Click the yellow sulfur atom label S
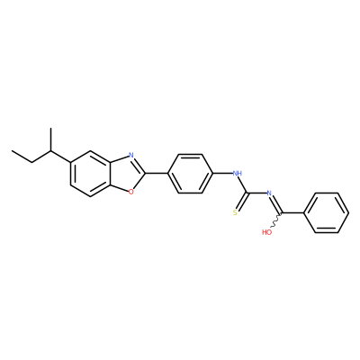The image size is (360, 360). [235, 213]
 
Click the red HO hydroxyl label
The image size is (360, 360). [266, 232]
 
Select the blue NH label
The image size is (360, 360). [238, 173]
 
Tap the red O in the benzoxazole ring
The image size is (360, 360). [130, 191]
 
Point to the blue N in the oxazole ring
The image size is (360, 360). [130, 155]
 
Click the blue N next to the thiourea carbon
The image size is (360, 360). [269, 193]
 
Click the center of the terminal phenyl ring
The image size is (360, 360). [326, 213]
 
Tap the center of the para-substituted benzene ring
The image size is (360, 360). [190, 174]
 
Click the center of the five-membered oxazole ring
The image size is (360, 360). [127, 173]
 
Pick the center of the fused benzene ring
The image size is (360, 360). [91, 174]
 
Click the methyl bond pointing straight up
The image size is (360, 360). [51, 139]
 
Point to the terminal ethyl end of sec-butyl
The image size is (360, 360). [22, 157]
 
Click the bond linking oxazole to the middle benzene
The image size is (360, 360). [157, 173]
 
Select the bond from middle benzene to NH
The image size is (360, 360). [223, 173]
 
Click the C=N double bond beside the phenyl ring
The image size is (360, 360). [276, 204]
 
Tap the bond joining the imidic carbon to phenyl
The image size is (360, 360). [293, 213]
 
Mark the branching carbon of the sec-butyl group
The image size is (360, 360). [51, 150]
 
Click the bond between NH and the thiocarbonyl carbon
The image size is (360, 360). [243, 184]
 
